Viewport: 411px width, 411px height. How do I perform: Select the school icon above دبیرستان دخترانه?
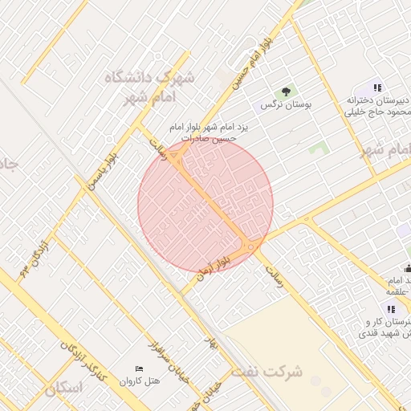click(376, 87)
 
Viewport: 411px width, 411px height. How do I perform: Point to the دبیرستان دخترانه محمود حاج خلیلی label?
click(377, 105)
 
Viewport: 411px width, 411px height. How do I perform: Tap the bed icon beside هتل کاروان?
click(140, 368)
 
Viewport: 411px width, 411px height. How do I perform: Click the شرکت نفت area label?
click(268, 372)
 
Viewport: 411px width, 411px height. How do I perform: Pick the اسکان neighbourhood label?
click(64, 389)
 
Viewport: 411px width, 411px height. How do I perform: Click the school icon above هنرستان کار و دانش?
click(391, 309)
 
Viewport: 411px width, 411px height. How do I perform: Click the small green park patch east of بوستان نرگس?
click(319, 149)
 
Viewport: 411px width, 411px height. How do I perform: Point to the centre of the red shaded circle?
click(205, 202)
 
